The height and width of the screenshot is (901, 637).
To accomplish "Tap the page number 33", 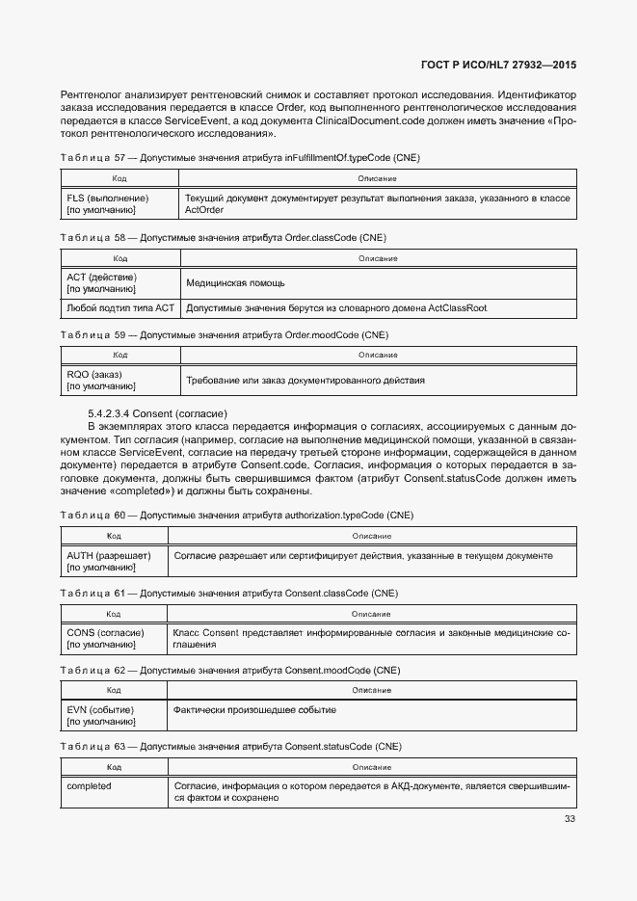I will [570, 820].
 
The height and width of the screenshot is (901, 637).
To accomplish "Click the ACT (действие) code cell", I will [102, 282].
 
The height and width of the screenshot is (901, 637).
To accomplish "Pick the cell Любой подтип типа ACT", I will [120, 307].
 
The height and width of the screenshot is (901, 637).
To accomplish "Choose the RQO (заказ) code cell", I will [100, 380].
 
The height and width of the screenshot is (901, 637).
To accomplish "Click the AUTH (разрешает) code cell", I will [109, 562].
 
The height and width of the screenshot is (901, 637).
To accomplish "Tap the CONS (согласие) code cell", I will [106, 638].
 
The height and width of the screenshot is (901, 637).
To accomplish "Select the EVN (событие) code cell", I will [100, 715].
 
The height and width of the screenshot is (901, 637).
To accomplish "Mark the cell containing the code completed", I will [89, 786].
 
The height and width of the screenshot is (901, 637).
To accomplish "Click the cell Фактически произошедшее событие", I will [254, 710].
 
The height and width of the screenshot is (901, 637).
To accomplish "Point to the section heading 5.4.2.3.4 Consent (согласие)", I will [157, 412].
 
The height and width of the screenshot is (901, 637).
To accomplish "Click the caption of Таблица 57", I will [240, 158].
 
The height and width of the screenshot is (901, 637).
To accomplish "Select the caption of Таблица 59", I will [224, 335].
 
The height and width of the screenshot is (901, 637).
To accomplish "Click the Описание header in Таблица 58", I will [378, 258].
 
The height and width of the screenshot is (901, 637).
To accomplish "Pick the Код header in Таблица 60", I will [114, 536].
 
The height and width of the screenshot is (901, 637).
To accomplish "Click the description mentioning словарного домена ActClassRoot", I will [336, 307].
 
